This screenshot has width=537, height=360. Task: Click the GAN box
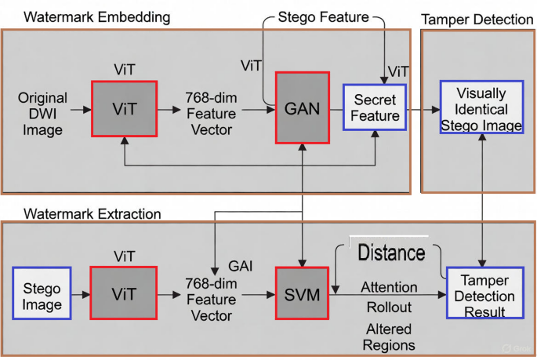coord(303,107)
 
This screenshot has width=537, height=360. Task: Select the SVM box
coord(303,293)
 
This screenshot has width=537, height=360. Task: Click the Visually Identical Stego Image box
coord(481,109)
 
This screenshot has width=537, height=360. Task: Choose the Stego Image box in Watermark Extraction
coord(42,293)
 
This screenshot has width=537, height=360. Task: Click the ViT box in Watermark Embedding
coord(124,108)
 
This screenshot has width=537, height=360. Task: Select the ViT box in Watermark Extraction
coord(124,293)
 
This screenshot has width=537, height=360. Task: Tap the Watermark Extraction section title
coord(93,213)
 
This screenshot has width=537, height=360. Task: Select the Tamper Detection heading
coord(477,19)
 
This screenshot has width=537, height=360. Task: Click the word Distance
coord(391,253)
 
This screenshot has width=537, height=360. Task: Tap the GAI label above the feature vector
coord(240,266)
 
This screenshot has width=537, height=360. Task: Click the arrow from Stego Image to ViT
coord(80,293)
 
